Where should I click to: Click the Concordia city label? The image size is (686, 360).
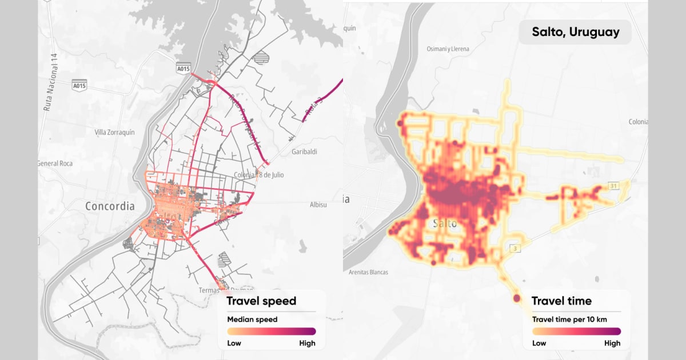point(110,206)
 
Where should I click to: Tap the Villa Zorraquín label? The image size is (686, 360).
point(114,132)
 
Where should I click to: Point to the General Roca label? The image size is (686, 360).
point(56,163)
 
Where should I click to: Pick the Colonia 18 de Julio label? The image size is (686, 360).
point(259,175)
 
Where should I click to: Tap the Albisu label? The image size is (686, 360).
point(318,205)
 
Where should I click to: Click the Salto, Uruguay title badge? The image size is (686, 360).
point(575,32)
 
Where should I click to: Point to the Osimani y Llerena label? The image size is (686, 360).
point(448,49)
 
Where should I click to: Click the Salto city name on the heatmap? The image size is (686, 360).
point(445,223)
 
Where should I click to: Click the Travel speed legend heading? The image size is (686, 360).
point(261,301)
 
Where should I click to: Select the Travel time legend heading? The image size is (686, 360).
point(561,301)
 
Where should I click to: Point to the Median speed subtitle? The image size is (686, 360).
point(252,319)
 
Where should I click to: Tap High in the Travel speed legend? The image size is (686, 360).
point(307,343)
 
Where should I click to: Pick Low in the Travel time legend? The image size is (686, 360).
point(539,343)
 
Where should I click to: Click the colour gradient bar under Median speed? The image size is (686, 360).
point(272,331)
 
